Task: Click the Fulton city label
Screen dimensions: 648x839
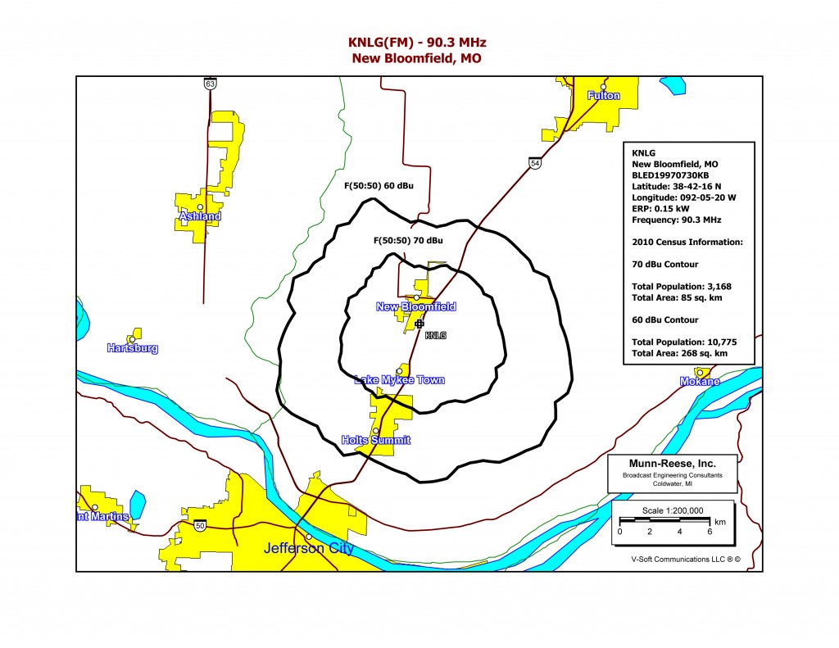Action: [x=603, y=96]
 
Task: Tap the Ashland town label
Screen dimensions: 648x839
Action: [x=200, y=216]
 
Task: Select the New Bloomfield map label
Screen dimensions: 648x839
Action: [x=415, y=307]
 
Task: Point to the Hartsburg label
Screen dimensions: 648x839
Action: [x=132, y=348]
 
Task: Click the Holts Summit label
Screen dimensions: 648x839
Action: [x=375, y=441]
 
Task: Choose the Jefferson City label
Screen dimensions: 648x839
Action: [x=308, y=548]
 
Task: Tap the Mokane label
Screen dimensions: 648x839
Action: [x=699, y=382]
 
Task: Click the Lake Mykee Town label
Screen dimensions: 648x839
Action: [x=399, y=380]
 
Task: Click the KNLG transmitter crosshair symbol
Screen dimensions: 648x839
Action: [x=419, y=324]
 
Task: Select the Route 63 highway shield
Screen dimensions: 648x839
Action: [x=211, y=84]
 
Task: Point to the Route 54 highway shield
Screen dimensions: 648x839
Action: [x=534, y=164]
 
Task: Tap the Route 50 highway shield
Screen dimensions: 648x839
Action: [x=200, y=526]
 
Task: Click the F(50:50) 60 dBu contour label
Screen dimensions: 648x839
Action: [x=378, y=186]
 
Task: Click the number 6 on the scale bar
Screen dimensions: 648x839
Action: [x=710, y=531]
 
